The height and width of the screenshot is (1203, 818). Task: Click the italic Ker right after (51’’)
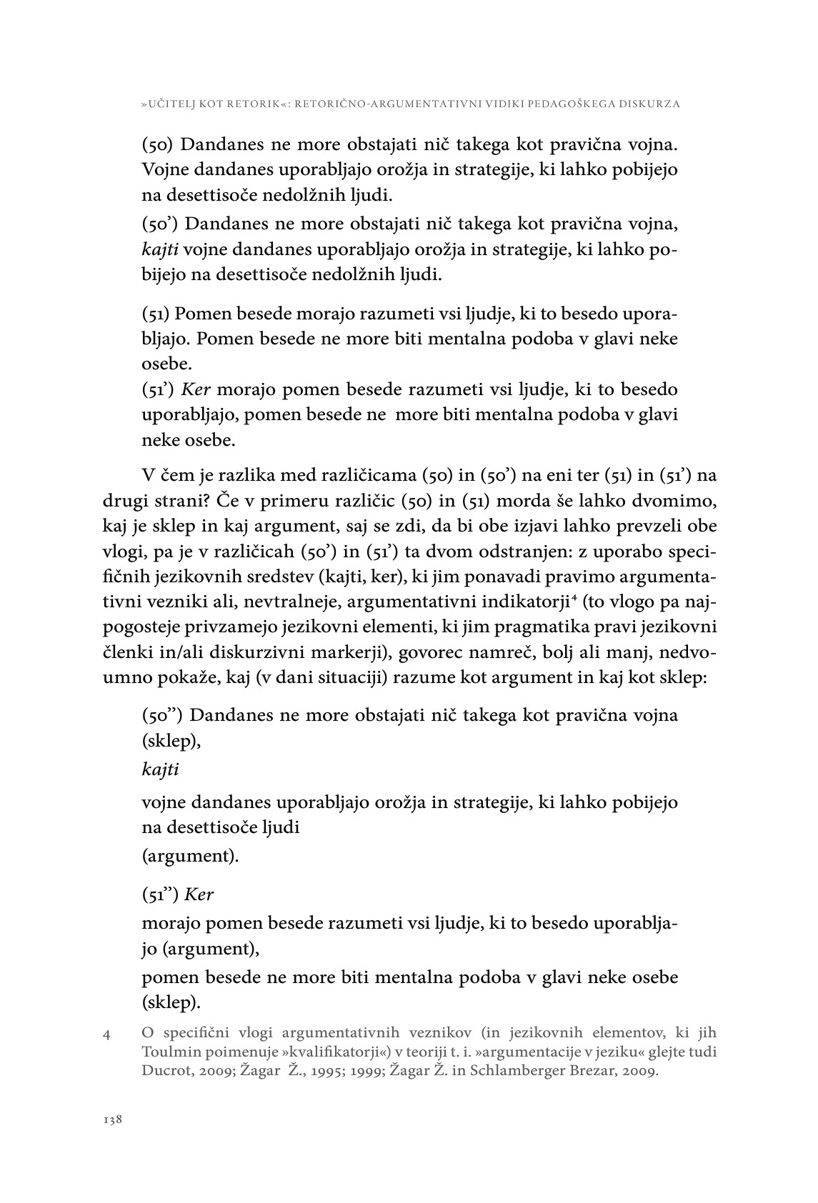click(199, 894)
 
